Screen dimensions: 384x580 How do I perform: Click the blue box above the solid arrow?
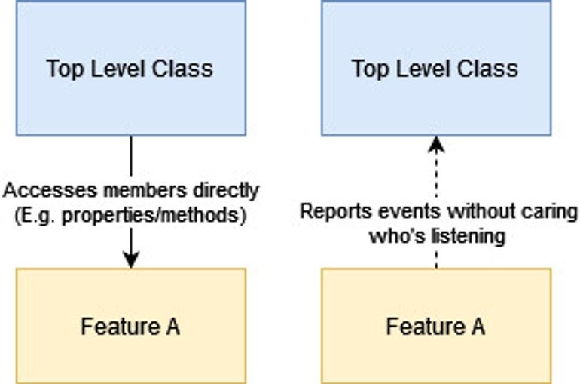[x=130, y=68]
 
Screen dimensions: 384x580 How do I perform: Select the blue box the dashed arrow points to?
[x=435, y=68]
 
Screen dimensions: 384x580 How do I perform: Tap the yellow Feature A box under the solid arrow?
[x=130, y=326]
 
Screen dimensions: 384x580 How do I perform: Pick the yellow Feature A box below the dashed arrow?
[x=435, y=326]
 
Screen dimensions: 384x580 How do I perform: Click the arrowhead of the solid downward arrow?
[x=131, y=260]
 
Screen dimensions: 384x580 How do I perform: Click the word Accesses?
[x=33, y=190]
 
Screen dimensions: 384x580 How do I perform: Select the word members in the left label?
[x=112, y=190]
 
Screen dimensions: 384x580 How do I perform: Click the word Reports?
[x=329, y=210]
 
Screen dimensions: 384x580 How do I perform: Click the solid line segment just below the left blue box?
[x=131, y=155]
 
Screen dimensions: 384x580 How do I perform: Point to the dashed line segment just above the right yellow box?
[x=436, y=257]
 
